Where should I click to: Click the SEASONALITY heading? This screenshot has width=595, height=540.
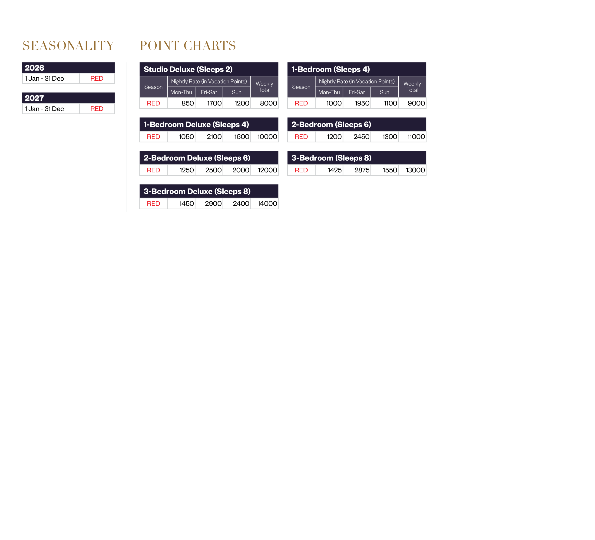68,46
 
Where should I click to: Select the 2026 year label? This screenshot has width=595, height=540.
35,68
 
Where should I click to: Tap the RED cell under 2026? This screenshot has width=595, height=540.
97,79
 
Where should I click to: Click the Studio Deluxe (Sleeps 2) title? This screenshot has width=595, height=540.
188,69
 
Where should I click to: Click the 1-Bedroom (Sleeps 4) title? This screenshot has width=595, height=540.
331,69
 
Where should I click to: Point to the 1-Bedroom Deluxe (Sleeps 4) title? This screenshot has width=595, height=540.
196,125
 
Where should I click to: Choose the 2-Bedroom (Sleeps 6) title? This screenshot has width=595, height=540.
331,125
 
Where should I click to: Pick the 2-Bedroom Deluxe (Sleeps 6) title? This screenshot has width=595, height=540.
197,158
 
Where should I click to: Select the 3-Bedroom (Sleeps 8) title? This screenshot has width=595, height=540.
331,158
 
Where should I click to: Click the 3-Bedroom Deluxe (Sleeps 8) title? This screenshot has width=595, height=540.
197,191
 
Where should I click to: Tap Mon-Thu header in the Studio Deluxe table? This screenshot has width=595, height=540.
181,92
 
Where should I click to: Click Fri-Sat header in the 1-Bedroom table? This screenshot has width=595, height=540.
357,92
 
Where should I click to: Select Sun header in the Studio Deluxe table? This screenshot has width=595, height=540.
236,92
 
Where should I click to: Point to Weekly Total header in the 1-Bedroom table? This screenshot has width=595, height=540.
412,87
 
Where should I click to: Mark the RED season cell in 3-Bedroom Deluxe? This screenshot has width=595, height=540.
153,204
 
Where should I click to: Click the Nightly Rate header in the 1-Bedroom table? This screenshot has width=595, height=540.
357,82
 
